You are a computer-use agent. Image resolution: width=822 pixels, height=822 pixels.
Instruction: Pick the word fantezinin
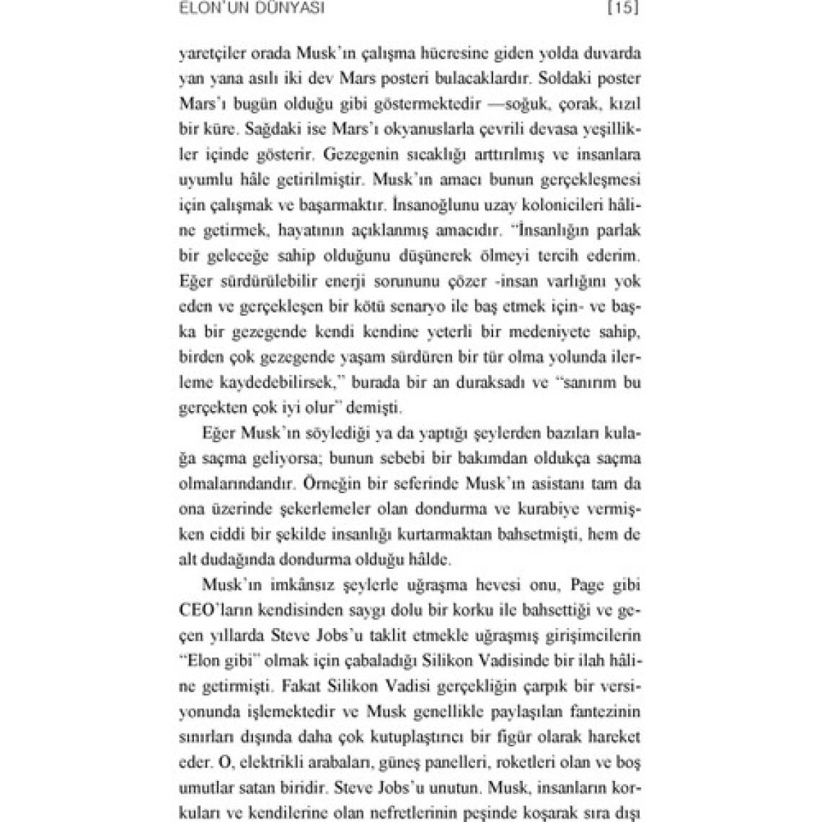[606, 710]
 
